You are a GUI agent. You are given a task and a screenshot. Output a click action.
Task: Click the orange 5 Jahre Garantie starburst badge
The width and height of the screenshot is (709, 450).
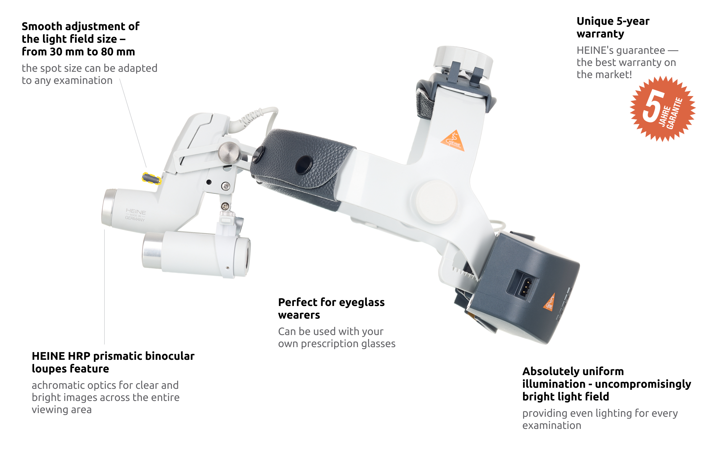pos(663,109)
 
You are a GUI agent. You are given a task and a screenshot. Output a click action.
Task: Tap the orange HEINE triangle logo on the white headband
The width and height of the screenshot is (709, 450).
pos(453,141)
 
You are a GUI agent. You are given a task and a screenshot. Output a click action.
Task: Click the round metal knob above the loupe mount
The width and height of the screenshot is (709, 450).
pos(229,152)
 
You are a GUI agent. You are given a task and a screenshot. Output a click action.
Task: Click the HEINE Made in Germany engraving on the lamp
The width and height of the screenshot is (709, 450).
pos(135,215)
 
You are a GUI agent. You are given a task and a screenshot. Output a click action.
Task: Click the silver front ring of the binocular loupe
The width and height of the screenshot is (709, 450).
pos(152,251)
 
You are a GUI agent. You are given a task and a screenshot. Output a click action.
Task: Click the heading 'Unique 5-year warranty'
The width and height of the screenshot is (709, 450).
pos(613,27)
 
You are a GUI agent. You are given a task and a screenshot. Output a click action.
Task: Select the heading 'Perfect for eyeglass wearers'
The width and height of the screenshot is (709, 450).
pos(331,308)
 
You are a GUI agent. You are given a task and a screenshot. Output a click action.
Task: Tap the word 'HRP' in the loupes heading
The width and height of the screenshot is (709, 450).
pos(79,356)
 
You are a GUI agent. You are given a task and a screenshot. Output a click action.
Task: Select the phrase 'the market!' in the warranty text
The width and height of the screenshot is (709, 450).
pos(604,74)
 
